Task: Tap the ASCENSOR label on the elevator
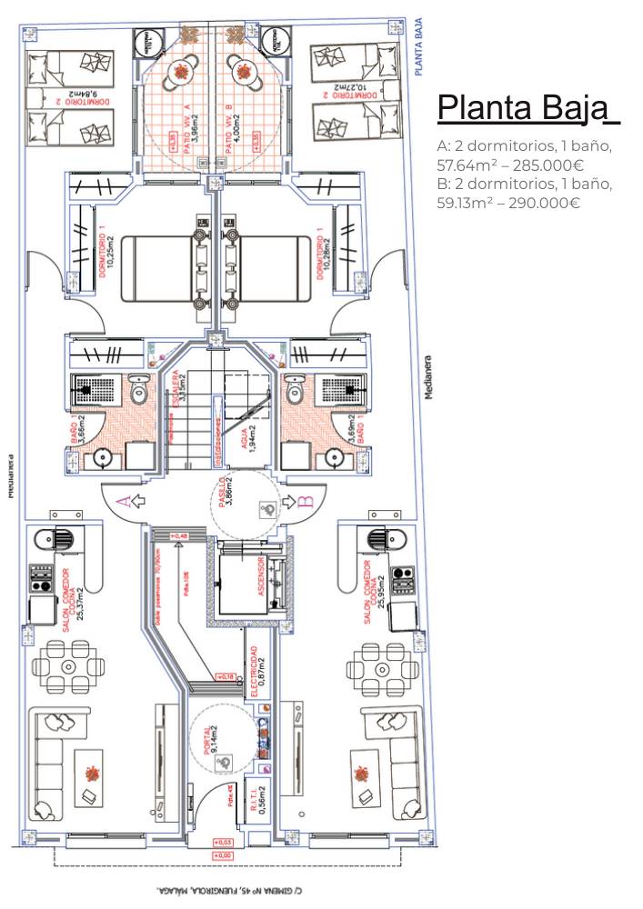pyautogui.click(x=259, y=574)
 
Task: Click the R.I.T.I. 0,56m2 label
pyautogui.click(x=257, y=800)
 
